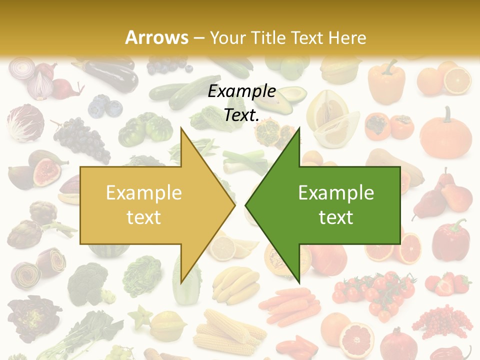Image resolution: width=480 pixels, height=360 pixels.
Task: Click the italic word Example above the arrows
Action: coord(242,91)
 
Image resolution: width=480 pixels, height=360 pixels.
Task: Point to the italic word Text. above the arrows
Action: coord(241,115)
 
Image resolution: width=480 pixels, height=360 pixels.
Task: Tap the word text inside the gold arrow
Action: coord(143,217)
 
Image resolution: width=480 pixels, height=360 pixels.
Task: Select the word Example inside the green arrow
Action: coord(336,192)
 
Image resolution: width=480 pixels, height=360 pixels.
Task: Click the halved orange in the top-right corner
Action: coord(457,80)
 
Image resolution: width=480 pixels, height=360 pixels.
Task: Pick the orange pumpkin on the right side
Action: coord(445,133)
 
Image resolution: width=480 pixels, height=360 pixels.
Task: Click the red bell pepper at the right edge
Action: coord(450,238)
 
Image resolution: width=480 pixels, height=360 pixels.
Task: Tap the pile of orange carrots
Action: coord(290,304)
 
